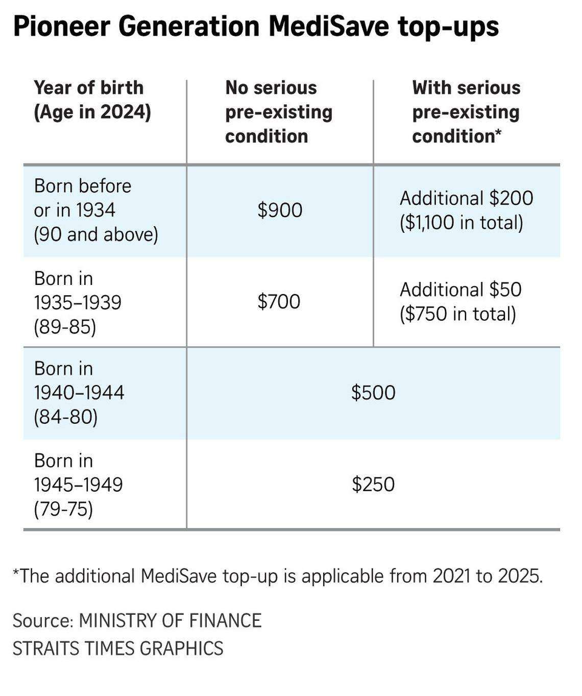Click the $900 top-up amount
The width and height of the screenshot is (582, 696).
pos(280,210)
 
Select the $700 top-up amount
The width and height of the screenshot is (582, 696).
pos(279,301)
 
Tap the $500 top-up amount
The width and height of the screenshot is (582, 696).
pos(373,392)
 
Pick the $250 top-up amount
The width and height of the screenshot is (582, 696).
pos(373,484)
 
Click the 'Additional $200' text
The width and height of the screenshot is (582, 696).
pos(466,198)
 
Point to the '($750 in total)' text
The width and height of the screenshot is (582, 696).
pos(458,314)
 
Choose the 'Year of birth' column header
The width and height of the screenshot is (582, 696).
pos(89,88)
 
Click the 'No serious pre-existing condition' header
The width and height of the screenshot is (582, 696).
pos(279,112)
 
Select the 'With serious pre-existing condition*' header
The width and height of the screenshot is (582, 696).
pos(466,112)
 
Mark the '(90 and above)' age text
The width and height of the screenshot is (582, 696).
pos(96,234)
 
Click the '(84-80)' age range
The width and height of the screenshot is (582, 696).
pos(66,417)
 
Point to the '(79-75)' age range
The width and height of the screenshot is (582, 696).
pos(63,509)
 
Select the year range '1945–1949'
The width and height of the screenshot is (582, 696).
pos(78,485)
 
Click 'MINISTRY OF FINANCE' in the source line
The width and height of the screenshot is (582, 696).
pos(170,620)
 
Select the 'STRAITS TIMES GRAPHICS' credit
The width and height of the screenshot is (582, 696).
pos(118,648)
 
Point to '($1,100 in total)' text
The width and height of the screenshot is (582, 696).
pos(462,222)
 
